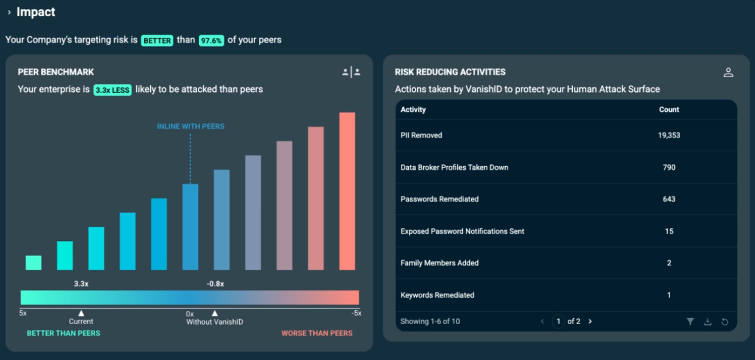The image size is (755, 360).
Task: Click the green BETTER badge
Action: click(x=157, y=41)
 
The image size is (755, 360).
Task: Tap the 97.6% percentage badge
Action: click(x=212, y=41)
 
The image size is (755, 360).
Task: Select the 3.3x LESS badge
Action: click(x=112, y=90)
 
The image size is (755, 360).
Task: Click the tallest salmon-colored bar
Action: click(x=347, y=191)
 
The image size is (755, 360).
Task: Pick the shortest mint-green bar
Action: click(x=33, y=263)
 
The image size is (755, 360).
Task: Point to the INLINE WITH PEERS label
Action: click(x=191, y=126)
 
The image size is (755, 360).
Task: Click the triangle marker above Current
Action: click(x=81, y=313)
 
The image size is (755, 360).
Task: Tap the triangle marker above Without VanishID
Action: click(x=215, y=313)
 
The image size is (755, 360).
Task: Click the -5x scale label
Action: click(x=356, y=313)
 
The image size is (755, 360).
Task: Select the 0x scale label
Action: click(x=189, y=314)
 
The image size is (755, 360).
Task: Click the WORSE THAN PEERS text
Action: click(x=317, y=333)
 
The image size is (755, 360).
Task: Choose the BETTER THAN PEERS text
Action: click(x=63, y=333)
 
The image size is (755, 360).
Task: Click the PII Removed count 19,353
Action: click(x=669, y=136)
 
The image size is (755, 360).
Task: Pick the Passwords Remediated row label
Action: click(x=439, y=199)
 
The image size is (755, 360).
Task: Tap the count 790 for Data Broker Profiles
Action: click(x=669, y=167)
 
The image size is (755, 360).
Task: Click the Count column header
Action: click(x=669, y=109)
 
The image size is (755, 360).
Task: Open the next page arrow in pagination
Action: click(x=590, y=322)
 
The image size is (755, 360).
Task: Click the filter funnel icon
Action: click(x=690, y=322)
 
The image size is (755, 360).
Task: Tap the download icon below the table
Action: click(x=707, y=322)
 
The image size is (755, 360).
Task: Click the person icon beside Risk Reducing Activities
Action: click(x=728, y=72)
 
